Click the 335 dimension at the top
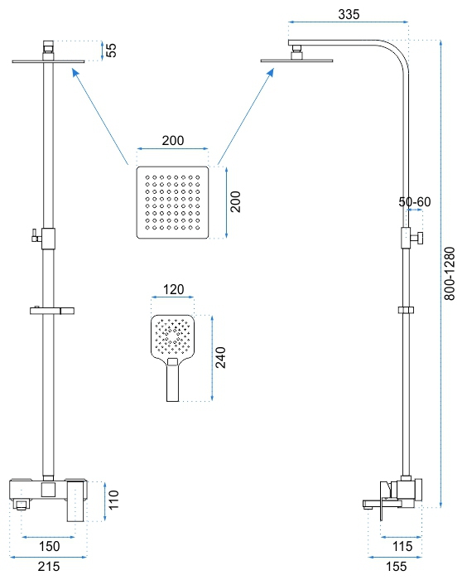coord(349,14)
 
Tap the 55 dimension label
coord(111,51)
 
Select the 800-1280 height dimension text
coord(450,273)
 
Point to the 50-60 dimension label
coord(415,202)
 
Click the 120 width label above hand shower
coord(173,289)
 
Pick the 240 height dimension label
coord(221,357)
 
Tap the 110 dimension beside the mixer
coord(113,500)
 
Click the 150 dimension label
coord(49,546)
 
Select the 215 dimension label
coord(49,566)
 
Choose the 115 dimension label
coord(402,546)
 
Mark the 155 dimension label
coord(396,566)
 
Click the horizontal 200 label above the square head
coord(173,141)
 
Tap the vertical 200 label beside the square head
coord(235,201)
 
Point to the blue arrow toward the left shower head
coord(100,116)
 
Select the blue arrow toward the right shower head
coord(246,116)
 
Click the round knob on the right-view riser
coord(420,238)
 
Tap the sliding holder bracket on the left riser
coord(52,311)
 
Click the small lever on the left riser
coord(36,234)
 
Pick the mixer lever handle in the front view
coord(76,501)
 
